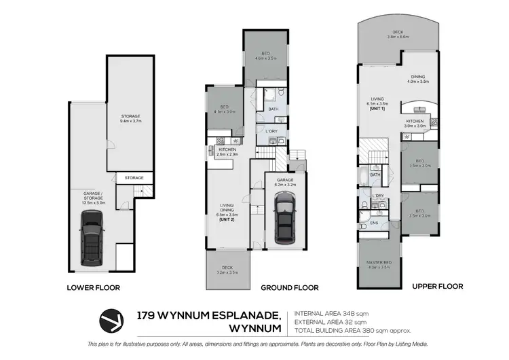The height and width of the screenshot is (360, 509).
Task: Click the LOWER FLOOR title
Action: click(93, 287)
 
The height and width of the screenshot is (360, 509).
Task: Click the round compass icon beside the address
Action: click(113, 319)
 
